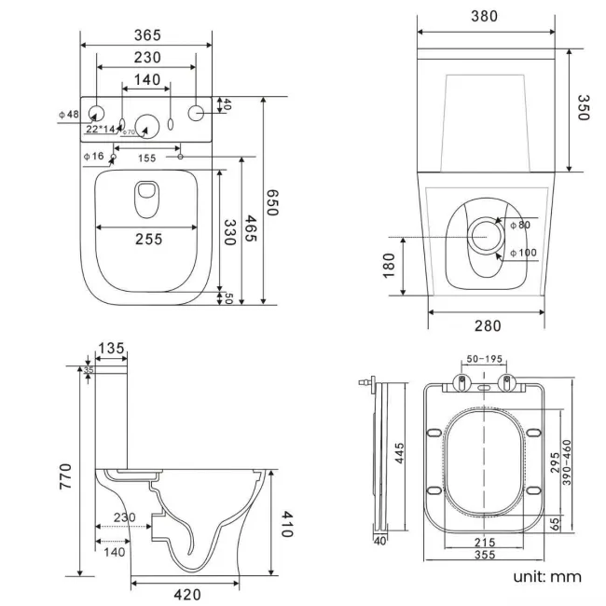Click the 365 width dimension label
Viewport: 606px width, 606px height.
tap(145, 35)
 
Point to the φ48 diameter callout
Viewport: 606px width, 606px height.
tap(69, 114)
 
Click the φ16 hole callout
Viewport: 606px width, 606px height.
tap(92, 156)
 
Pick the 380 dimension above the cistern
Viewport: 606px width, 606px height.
tap(484, 16)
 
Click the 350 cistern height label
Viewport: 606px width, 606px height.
tap(584, 109)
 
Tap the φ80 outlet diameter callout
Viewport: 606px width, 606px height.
tap(518, 224)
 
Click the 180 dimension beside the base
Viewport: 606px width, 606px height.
tap(390, 265)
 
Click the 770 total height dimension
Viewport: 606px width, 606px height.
tap(66, 472)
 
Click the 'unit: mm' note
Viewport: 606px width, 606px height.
tap(546, 576)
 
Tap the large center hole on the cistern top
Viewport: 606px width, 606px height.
tap(147, 122)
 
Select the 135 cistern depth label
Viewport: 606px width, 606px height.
tap(111, 348)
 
